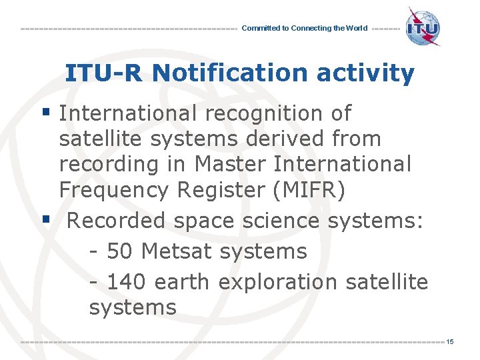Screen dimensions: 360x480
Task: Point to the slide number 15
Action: (450, 342)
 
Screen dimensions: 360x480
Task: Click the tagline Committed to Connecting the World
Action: (304, 29)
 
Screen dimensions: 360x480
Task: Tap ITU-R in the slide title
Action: (103, 73)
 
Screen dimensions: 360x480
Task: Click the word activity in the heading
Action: (365, 73)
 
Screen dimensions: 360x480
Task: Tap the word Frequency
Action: (115, 190)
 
